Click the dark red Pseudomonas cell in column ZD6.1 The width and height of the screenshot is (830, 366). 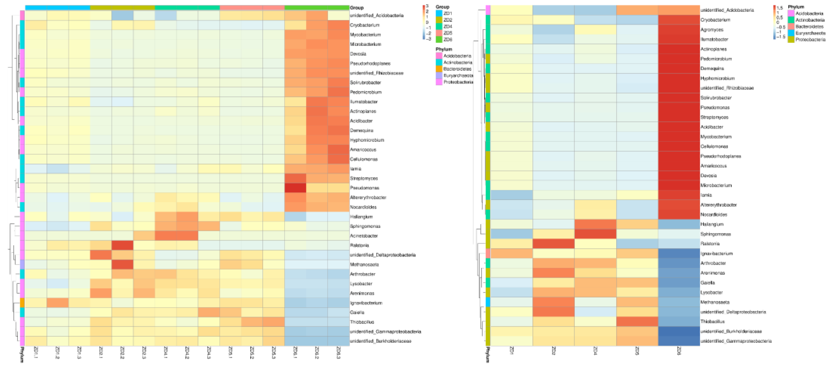pos(295,188)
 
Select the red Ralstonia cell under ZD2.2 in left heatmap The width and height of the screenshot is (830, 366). pos(122,245)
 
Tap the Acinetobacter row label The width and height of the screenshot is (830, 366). pos(364,236)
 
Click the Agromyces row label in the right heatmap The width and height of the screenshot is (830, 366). pos(712,30)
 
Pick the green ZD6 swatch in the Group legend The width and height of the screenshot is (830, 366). pos(439,39)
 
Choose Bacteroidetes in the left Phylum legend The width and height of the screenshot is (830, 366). pos(457,69)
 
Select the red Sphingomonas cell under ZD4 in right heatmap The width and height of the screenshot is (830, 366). pos(595,234)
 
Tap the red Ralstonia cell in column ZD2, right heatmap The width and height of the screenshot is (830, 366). pos(553,244)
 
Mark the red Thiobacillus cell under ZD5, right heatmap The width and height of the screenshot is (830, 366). pos(637,322)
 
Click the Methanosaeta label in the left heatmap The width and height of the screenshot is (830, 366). pos(364,265)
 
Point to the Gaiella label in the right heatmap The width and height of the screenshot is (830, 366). pos(708,283)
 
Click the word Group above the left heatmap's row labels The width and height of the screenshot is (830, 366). pos(357,7)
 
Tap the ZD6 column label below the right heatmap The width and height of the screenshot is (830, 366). pos(679,351)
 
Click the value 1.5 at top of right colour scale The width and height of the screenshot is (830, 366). pos(780,8)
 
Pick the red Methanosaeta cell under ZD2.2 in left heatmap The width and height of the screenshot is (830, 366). pos(122,265)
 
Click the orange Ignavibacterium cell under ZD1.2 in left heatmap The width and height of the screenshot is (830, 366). pos(58,303)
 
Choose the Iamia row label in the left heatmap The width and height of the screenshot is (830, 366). pos(356,169)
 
